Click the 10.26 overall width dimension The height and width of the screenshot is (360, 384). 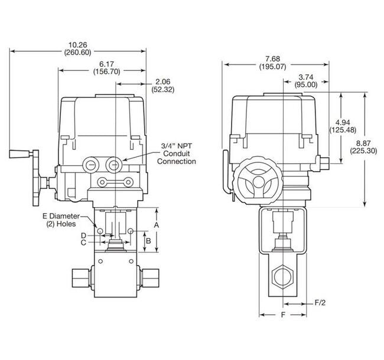point(79,44)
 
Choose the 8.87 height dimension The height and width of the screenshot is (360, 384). point(365,143)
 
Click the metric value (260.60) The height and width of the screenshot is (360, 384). point(79,53)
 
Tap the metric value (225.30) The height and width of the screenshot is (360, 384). point(365,150)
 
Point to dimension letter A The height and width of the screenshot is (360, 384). point(157,225)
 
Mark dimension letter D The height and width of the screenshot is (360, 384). point(84,235)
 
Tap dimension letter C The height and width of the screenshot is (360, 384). point(84,242)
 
